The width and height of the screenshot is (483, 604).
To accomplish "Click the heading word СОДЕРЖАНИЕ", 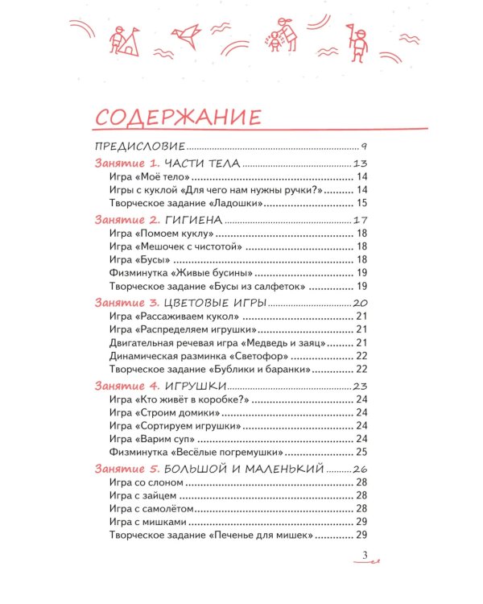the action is pyautogui.click(x=178, y=118).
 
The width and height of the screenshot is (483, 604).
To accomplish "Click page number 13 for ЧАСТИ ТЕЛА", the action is pyautogui.click(x=360, y=164).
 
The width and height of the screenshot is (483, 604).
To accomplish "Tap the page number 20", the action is pyautogui.click(x=360, y=303).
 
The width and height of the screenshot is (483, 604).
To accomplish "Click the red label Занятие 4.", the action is pyautogui.click(x=126, y=386).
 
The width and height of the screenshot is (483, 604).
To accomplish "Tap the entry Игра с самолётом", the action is pyautogui.click(x=147, y=509).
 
